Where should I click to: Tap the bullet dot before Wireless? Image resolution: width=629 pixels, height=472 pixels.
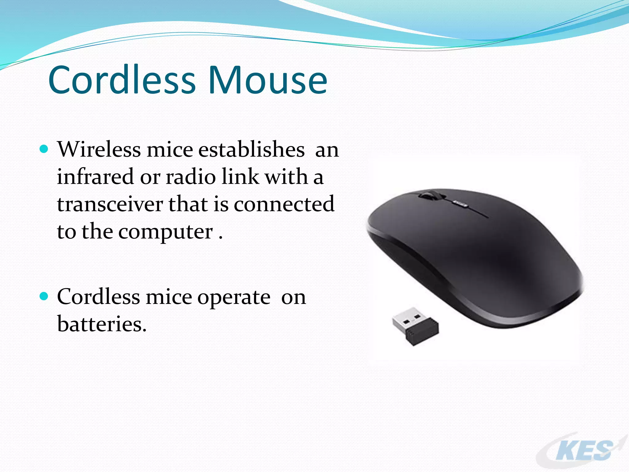pyautogui.click(x=44, y=149)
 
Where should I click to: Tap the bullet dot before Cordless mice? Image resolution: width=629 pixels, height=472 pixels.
pyautogui.click(x=44, y=296)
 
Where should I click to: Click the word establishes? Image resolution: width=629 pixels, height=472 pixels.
pyautogui.click(x=251, y=149)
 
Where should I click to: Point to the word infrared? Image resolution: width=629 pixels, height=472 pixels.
pyautogui.click(x=96, y=177)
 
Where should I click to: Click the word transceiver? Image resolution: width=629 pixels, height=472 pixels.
pyautogui.click(x=110, y=204)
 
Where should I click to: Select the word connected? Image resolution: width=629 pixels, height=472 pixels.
pyautogui.click(x=284, y=204)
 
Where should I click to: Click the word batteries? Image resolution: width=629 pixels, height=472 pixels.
pyautogui.click(x=102, y=324)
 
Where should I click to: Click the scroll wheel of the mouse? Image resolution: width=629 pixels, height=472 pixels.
pyautogui.click(x=429, y=195)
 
